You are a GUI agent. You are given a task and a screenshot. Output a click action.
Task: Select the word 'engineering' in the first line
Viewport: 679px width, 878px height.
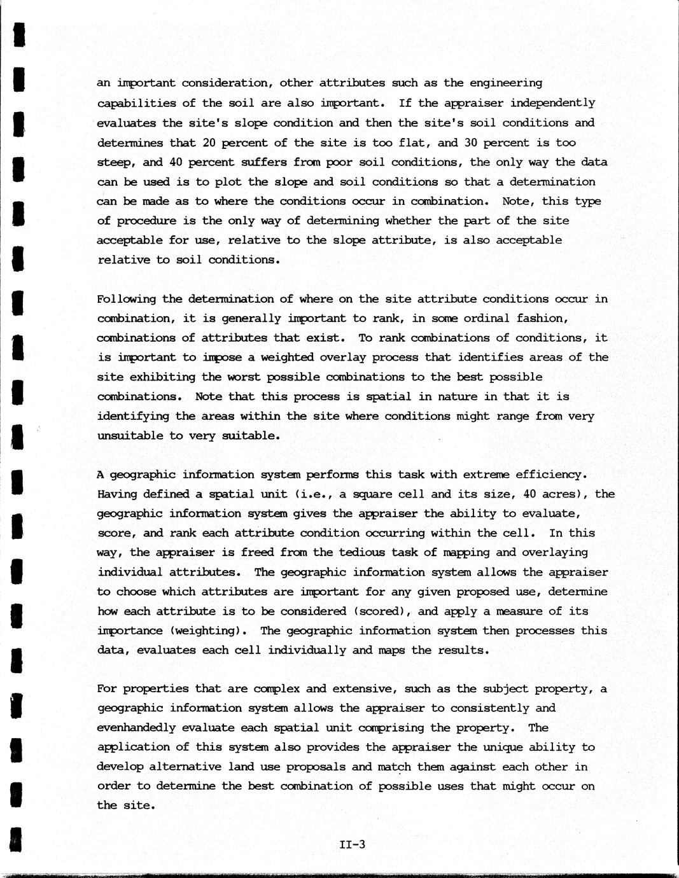coord(506,83)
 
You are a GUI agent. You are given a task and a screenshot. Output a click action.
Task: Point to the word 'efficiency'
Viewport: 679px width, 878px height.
coord(548,475)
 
